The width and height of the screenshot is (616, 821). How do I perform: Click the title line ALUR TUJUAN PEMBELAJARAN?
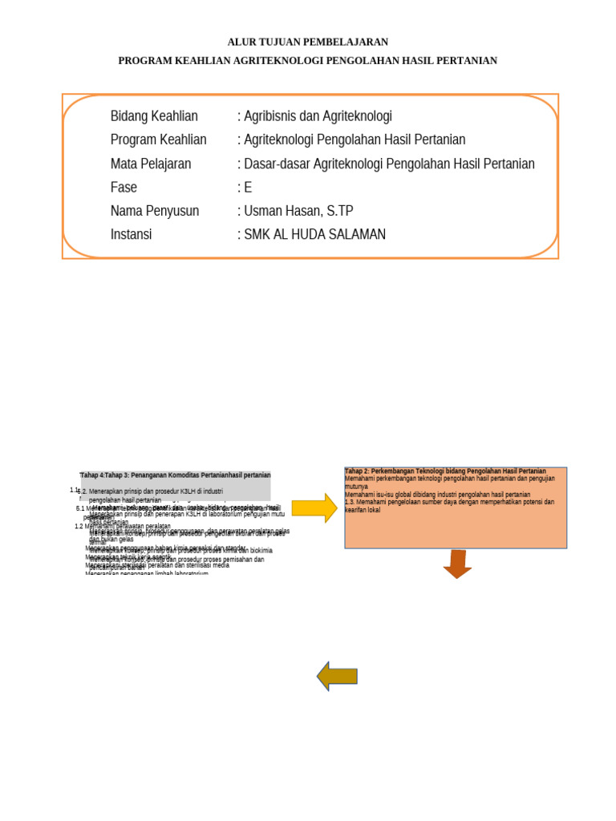pos(308,42)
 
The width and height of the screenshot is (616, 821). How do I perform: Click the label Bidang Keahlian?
pos(154,116)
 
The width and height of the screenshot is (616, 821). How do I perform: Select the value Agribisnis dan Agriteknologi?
pos(318,116)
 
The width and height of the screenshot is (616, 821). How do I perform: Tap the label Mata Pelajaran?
pos(151,164)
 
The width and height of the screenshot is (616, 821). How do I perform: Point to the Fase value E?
pos(248,188)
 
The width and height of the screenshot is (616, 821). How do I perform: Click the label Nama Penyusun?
pos(155,211)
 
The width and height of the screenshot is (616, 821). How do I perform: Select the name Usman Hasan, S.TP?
pos(298,211)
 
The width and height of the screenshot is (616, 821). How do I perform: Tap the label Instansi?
pos(131,234)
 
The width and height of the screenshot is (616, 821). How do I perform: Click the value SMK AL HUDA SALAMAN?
pos(314,234)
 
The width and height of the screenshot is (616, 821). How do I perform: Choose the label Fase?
pos(124,188)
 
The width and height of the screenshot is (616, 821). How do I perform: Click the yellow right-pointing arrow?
pos(314,508)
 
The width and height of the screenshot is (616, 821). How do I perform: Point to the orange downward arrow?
pos(457,564)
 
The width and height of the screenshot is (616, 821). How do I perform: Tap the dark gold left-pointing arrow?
pos(337,676)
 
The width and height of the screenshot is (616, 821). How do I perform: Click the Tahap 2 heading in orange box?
pos(446,471)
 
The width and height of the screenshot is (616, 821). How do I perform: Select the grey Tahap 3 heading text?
pos(176,475)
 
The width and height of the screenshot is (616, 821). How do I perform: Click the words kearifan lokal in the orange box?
pos(363,510)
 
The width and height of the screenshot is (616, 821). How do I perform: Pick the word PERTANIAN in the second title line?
pos(469,61)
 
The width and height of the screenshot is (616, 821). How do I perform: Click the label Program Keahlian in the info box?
pos(158,140)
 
